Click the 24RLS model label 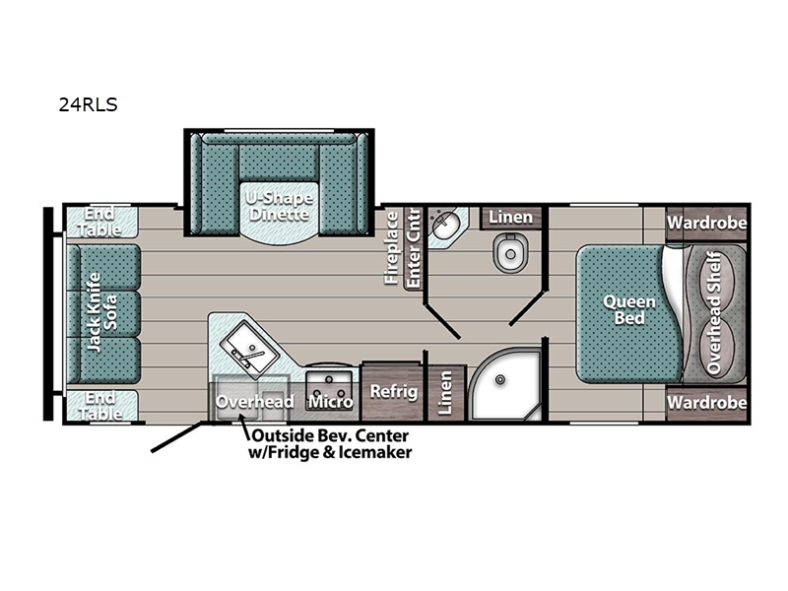pyautogui.click(x=88, y=104)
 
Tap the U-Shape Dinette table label pyautogui.click(x=279, y=206)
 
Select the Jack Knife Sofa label pyautogui.click(x=102, y=312)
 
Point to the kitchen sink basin pyautogui.click(x=249, y=350)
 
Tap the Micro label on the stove pyautogui.click(x=330, y=402)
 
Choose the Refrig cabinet pyautogui.click(x=393, y=391)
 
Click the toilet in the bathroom pyautogui.click(x=510, y=252)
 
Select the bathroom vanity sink pyautogui.click(x=445, y=226)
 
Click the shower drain pyautogui.click(x=500, y=379)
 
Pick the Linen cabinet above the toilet pyautogui.click(x=510, y=218)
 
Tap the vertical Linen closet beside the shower pyautogui.click(x=446, y=392)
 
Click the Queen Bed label pyautogui.click(x=629, y=309)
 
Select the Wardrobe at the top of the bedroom pyautogui.click(x=706, y=223)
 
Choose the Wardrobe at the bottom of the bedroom pyautogui.click(x=706, y=403)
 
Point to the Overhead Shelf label pyautogui.click(x=714, y=313)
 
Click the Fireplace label pyautogui.click(x=391, y=248)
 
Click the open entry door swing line pyautogui.click(x=176, y=437)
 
